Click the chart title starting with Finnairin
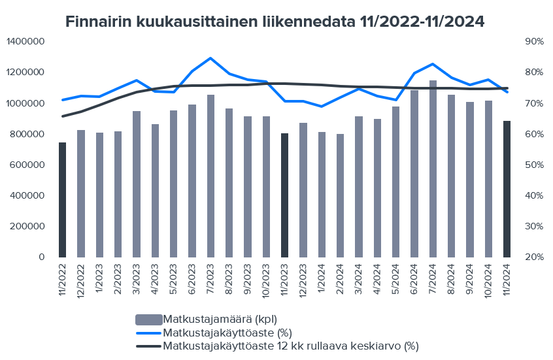[275, 22]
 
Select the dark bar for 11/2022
[62, 199]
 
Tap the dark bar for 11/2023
[284, 195]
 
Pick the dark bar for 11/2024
[507, 189]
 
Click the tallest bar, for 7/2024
[433, 169]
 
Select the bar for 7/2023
[210, 176]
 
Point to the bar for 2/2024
[340, 195]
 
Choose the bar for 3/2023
[137, 184]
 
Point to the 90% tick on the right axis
[534, 42]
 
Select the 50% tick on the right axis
[534, 165]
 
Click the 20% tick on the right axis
[534, 257]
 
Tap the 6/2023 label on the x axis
[192, 280]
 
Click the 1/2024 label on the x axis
[322, 280]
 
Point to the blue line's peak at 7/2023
[210, 58]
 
